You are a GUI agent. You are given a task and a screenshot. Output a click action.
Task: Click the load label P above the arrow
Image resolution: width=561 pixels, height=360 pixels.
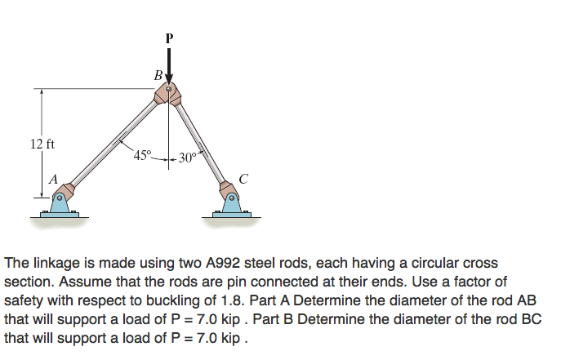pos(169,38)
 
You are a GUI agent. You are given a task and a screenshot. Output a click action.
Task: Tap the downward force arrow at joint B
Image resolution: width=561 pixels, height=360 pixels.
pos(169,65)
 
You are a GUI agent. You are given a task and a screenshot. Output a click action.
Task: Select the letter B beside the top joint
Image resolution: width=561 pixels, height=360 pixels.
pos(157,76)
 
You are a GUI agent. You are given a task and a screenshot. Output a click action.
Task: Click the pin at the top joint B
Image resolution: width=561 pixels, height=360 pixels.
pos(169,90)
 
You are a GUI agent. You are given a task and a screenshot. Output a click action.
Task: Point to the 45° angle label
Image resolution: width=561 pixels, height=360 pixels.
pos(143,155)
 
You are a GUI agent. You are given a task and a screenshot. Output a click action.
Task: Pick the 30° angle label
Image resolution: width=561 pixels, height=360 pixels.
pos(188,158)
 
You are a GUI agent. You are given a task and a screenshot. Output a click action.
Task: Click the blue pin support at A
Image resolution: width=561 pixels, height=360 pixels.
pos(60,203)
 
